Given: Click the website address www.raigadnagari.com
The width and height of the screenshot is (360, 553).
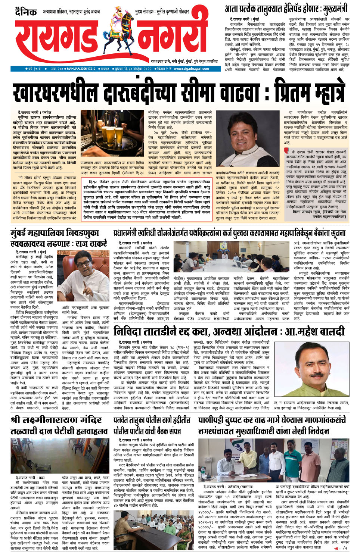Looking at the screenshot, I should click(x=191, y=69).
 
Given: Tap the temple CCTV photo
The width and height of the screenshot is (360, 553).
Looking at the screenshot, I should click(x=60, y=456).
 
